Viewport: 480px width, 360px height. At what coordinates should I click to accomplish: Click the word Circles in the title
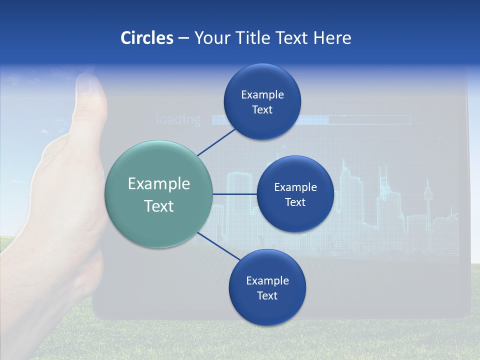147,38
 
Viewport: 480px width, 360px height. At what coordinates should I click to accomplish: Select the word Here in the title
332,38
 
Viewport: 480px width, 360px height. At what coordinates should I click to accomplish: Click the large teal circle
158,194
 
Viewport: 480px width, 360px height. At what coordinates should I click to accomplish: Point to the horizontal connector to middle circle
234,194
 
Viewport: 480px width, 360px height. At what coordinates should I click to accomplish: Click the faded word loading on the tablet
178,120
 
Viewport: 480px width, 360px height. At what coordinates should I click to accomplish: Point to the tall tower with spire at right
427,200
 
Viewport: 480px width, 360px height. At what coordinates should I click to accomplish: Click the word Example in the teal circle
158,184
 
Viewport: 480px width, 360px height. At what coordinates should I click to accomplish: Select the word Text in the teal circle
158,206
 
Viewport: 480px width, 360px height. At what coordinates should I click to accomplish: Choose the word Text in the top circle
262,110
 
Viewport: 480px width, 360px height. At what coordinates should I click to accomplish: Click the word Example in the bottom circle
267,281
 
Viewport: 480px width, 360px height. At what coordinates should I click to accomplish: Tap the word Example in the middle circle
295,187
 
